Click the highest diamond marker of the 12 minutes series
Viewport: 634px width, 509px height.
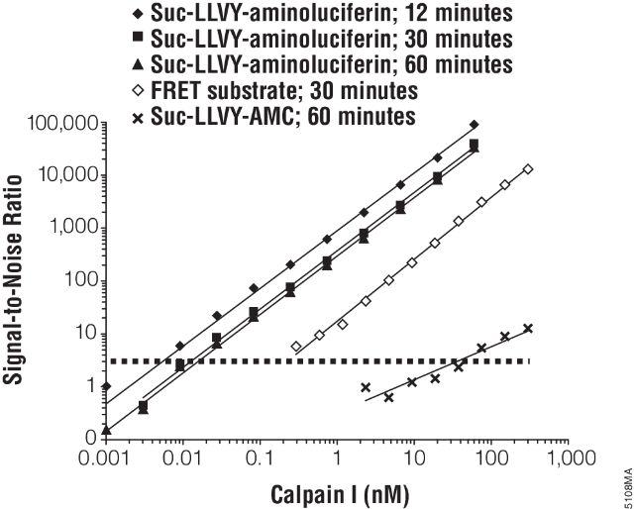click(475, 125)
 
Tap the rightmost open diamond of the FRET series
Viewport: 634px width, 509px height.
click(528, 169)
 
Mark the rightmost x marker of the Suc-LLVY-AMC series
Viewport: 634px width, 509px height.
click(528, 329)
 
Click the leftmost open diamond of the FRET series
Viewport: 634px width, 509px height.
click(296, 347)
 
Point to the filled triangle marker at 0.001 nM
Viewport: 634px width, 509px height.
click(106, 430)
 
